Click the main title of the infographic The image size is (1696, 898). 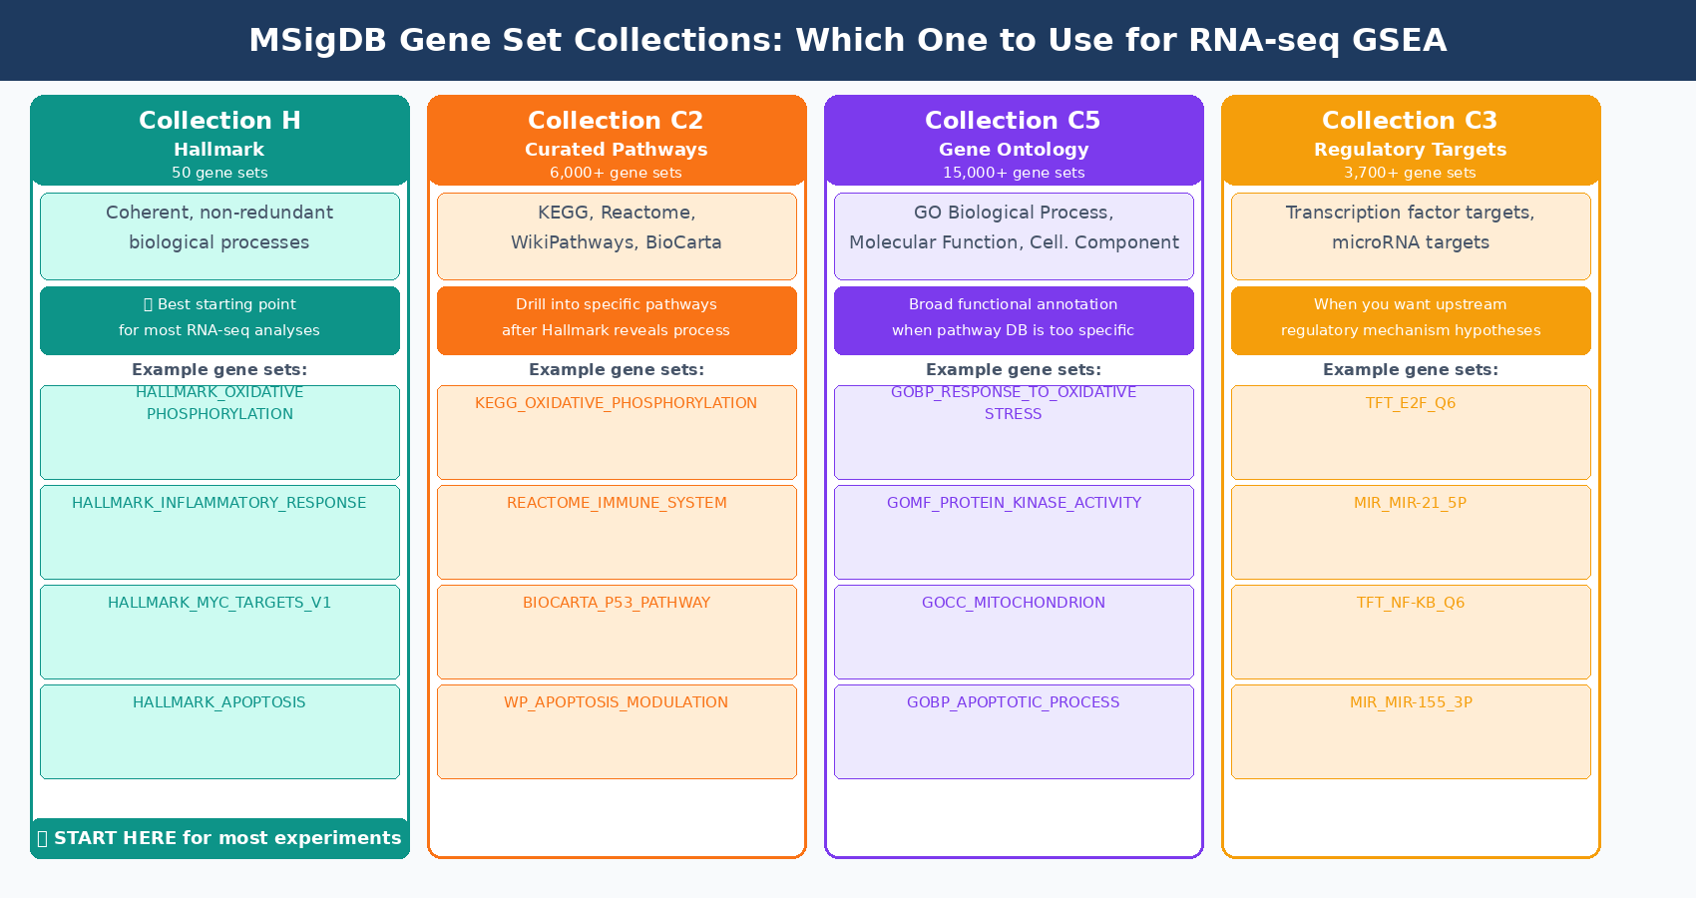pyautogui.click(x=847, y=40)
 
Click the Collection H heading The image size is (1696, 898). pyautogui.click(x=219, y=121)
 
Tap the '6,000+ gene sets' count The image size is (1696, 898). pyautogui.click(x=616, y=173)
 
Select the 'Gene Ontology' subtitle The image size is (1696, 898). pyautogui.click(x=1014, y=150)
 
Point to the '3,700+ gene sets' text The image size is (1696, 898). pyautogui.click(x=1410, y=173)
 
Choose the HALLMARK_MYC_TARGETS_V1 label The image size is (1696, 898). pyautogui.click(x=219, y=603)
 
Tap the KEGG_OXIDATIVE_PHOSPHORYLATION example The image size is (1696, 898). pyautogui.click(x=616, y=403)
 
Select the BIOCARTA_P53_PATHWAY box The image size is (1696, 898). pyautogui.click(x=617, y=631)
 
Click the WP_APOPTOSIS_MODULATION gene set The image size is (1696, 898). pyautogui.click(x=616, y=702)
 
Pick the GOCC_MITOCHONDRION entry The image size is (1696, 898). pyautogui.click(x=1014, y=603)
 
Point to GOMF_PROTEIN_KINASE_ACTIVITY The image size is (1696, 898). pyautogui.click(x=1014, y=503)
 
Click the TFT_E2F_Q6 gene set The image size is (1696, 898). pyautogui.click(x=1410, y=403)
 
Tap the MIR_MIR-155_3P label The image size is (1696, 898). pyautogui.click(x=1411, y=702)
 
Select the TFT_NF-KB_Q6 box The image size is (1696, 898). pyautogui.click(x=1411, y=631)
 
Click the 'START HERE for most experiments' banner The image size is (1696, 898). pyautogui.click(x=219, y=838)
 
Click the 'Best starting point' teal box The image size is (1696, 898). pyautogui.click(x=219, y=320)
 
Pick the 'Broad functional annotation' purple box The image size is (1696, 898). pyautogui.click(x=1014, y=320)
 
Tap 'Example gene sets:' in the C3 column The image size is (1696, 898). pyautogui.click(x=1410, y=370)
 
